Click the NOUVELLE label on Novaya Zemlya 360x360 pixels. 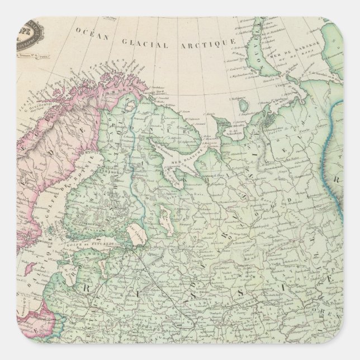[x=262, y=45]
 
